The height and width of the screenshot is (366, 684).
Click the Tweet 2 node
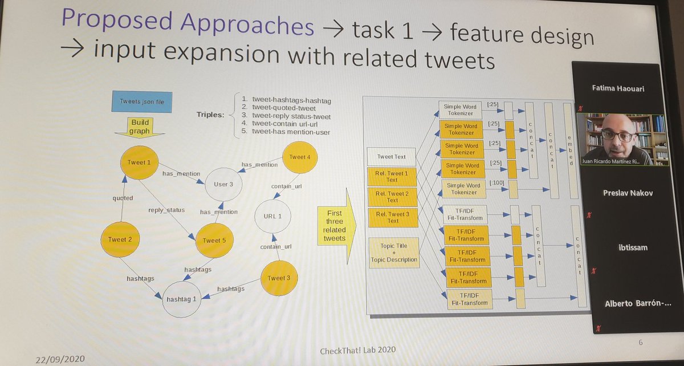121,239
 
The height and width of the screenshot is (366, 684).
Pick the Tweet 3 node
279,278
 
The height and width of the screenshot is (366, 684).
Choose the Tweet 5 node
214,239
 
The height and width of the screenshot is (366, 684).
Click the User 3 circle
222,184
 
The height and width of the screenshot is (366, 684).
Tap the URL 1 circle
277,215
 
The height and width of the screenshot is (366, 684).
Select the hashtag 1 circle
181,298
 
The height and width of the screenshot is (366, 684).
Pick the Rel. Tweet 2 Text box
393,196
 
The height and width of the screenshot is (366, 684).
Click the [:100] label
496,182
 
